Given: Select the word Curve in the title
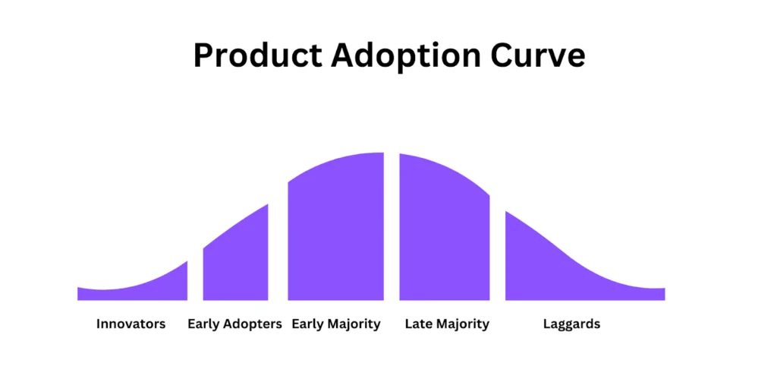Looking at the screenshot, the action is [538, 55].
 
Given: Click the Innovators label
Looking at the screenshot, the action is [131, 324].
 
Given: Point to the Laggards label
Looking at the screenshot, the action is [572, 325].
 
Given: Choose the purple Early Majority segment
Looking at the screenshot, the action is [336, 233].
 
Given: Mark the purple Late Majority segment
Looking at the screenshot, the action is [445, 233].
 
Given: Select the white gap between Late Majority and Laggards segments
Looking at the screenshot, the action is [498, 252].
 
